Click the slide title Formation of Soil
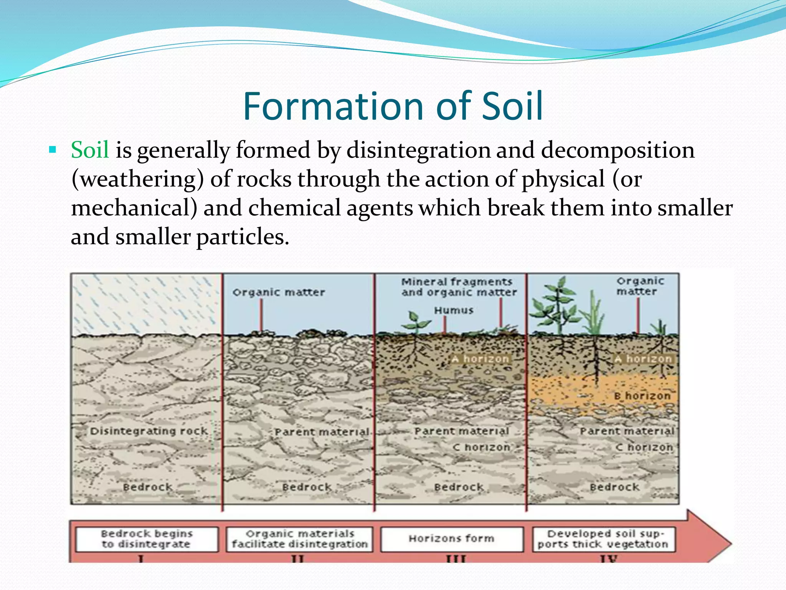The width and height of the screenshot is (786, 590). coord(393,106)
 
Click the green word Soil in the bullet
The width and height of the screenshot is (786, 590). coord(90,150)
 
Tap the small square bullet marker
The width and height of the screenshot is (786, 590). coord(53,149)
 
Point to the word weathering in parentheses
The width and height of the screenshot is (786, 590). coord(137,179)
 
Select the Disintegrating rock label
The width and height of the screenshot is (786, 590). coord(149,431)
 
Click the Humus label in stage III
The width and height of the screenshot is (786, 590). coord(454,310)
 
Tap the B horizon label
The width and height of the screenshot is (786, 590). coord(642,396)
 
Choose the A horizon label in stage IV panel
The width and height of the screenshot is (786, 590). coord(643,359)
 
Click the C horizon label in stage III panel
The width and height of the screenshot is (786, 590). coord(482,447)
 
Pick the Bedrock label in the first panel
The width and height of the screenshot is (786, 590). coord(148,487)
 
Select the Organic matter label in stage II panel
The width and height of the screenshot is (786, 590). coord(279,292)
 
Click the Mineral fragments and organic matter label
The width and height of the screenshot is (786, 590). coord(459,287)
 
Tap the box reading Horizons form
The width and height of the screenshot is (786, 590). coord(452,539)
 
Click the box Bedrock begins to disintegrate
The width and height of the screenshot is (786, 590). coord(147,539)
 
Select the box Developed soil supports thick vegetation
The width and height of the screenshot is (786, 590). coord(603,539)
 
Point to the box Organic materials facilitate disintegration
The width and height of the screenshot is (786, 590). coord(299,539)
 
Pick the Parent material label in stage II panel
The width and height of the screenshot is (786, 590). coord(322,432)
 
